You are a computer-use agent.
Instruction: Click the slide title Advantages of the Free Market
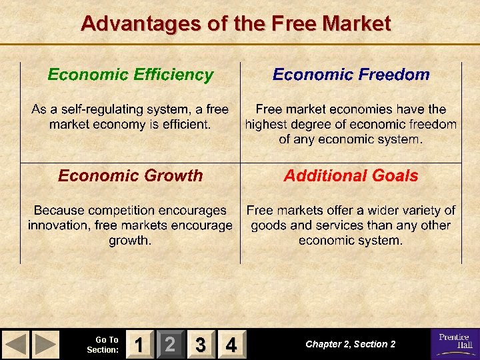click(235, 24)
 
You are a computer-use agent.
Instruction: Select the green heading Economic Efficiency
click(131, 75)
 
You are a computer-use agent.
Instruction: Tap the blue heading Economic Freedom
click(351, 75)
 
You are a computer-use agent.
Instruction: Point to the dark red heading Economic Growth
click(131, 176)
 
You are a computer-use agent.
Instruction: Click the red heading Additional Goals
click(351, 176)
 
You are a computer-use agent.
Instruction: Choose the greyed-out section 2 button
click(171, 345)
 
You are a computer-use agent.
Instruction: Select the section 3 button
click(201, 345)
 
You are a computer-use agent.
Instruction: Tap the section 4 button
click(231, 345)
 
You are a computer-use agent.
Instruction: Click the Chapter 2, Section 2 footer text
click(350, 344)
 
